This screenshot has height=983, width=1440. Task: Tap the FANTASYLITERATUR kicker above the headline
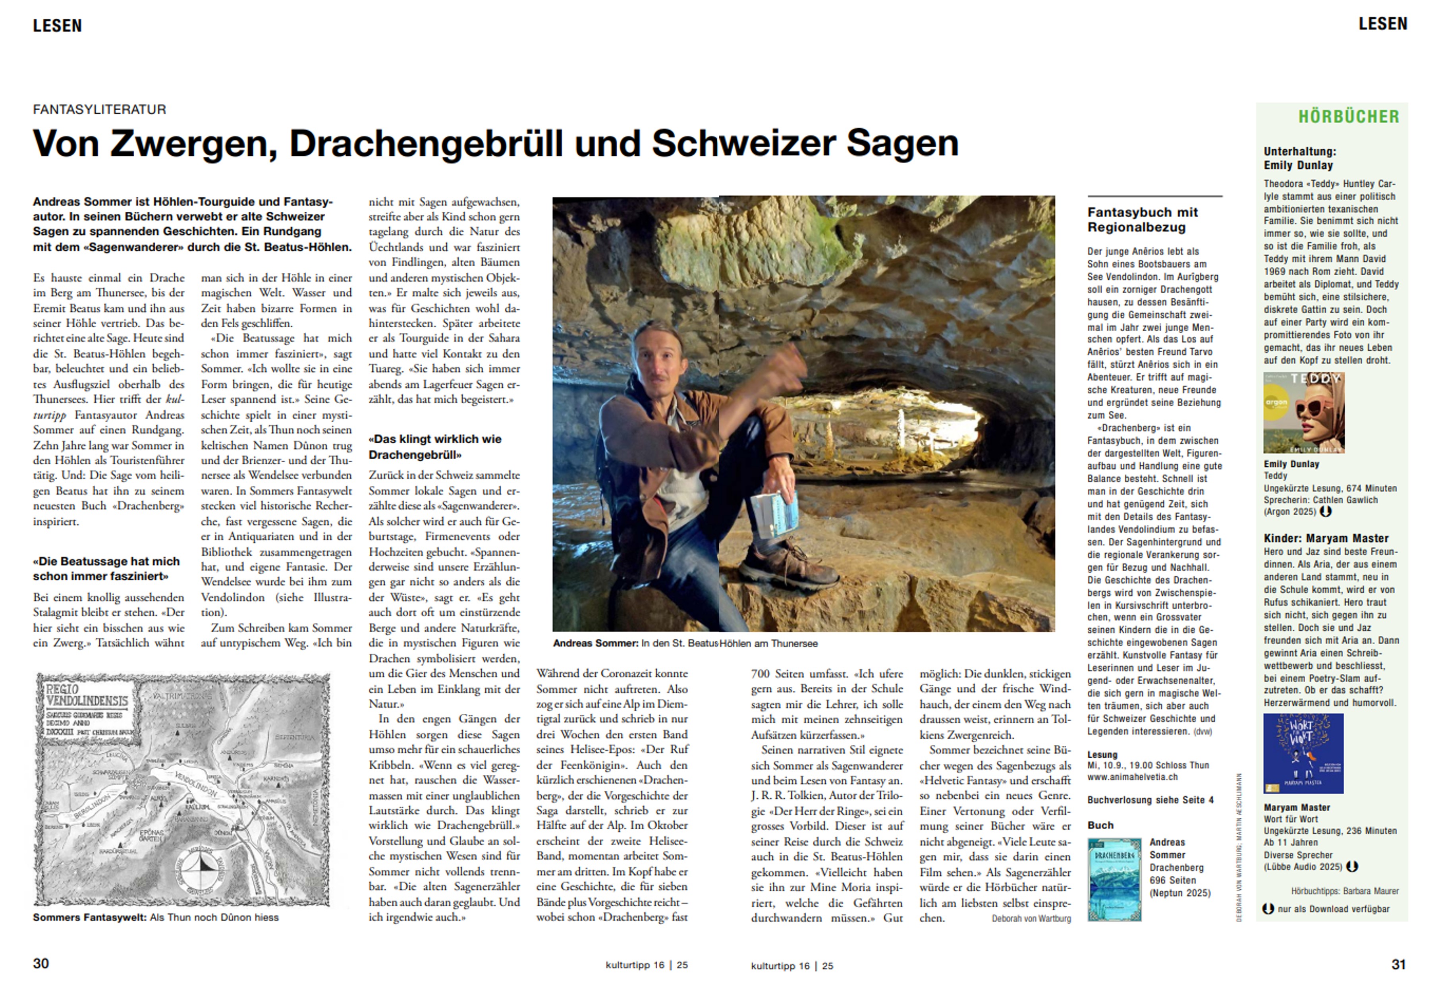[x=100, y=110]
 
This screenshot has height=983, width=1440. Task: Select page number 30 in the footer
[x=41, y=963]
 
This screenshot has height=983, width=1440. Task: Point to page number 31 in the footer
[x=1398, y=964]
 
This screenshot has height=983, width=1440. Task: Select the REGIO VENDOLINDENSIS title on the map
[x=86, y=695]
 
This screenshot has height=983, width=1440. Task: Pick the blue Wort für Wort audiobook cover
[x=1303, y=753]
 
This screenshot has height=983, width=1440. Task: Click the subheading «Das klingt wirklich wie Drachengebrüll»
[x=434, y=446]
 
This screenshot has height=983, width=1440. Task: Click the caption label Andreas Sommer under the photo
[x=595, y=643]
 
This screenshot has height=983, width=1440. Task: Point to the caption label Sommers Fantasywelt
[x=89, y=917]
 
